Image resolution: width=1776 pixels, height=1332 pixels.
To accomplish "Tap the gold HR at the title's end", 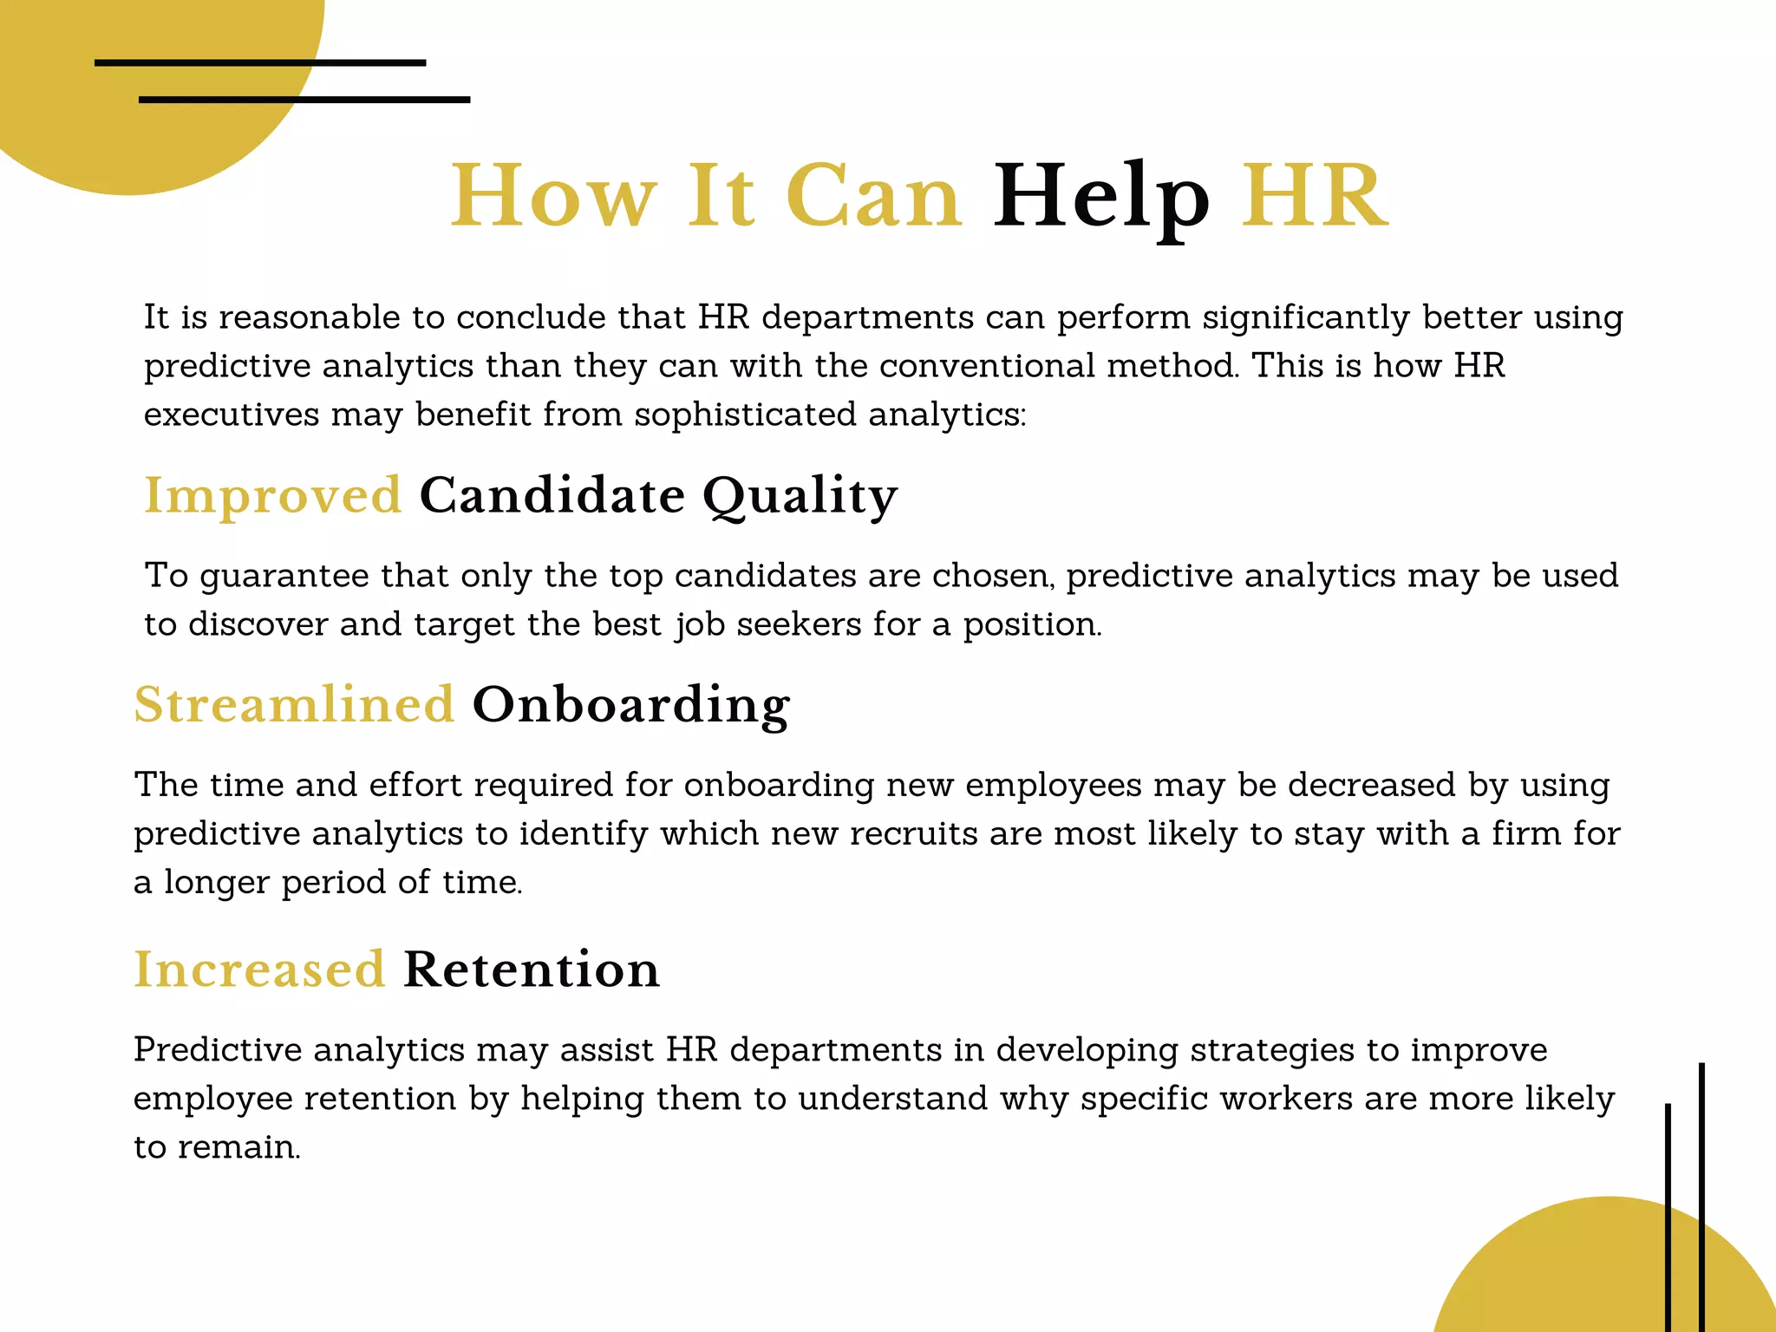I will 1314,198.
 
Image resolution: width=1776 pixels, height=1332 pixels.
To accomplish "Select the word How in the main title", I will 553,198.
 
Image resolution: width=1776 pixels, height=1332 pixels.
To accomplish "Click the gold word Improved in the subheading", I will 272,496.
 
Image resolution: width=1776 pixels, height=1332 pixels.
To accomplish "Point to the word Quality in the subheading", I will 800,496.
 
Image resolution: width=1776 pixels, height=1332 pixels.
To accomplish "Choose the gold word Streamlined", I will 294,704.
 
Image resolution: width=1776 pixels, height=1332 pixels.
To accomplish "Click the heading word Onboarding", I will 630,704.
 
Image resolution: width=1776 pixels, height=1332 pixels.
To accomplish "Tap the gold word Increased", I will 259,970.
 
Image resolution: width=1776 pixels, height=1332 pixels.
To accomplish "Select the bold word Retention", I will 532,970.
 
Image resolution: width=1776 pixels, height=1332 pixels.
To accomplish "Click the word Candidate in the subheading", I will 552,496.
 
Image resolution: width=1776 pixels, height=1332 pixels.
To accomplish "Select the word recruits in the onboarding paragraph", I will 913,834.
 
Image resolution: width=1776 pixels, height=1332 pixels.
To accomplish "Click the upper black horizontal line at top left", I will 260,62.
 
